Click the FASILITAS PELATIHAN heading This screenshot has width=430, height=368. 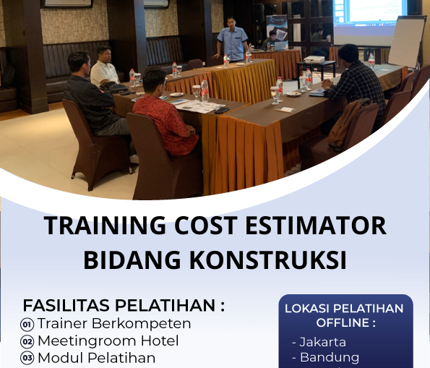coord(124,305)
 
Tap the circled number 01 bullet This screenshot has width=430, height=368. coord(27,324)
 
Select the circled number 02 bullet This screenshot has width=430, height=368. coord(27,341)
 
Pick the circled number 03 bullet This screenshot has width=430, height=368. coord(27,357)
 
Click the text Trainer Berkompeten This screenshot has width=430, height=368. coord(114,323)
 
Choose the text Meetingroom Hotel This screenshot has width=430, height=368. coord(108,340)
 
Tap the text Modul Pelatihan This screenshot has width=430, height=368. coord(96,357)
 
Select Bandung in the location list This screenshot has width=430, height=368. coord(329,357)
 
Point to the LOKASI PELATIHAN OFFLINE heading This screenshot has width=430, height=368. coord(344,315)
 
